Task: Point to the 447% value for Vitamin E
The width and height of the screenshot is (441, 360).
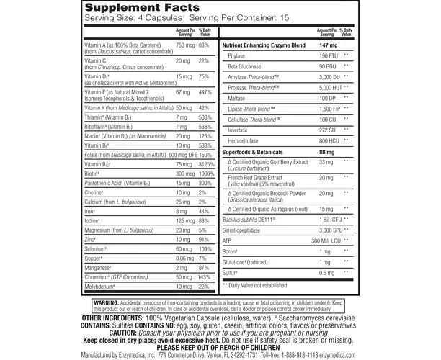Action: point(205,93)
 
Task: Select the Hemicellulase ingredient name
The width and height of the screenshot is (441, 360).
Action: point(246,142)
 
